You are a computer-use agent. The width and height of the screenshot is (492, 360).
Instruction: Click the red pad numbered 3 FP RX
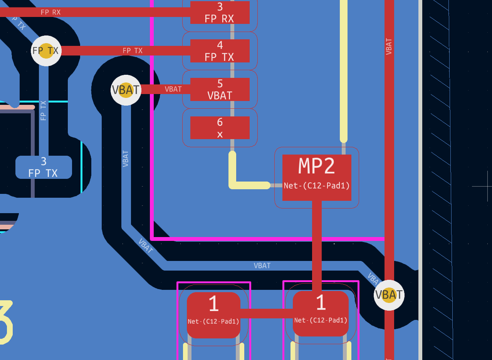click(220, 12)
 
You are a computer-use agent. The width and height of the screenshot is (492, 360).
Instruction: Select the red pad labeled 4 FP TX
click(220, 50)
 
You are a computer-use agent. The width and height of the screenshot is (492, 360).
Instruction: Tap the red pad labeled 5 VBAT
click(220, 89)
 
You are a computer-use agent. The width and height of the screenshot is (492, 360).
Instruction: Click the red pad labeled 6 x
click(220, 128)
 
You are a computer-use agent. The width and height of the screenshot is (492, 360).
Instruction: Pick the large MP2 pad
click(317, 170)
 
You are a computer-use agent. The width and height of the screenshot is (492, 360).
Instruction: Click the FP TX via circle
click(46, 51)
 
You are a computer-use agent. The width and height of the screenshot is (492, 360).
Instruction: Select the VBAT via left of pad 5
click(126, 90)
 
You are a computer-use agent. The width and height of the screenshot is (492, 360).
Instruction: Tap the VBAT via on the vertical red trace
click(389, 295)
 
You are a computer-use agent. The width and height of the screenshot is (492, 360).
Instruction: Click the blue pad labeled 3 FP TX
click(44, 167)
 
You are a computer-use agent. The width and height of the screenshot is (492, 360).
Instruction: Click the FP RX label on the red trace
click(50, 12)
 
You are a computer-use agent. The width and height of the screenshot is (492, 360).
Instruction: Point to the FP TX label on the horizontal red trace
click(133, 50)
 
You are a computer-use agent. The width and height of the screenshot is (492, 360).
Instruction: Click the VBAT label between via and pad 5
click(173, 89)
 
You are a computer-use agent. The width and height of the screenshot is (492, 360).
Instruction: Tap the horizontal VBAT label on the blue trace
click(262, 266)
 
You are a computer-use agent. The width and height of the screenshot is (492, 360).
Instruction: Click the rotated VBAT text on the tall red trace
click(389, 46)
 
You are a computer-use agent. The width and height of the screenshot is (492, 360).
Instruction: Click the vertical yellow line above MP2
click(343, 69)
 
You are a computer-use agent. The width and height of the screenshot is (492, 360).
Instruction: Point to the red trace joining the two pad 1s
click(266, 313)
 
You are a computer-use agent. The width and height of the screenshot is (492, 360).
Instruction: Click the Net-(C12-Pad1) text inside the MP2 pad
click(317, 186)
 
